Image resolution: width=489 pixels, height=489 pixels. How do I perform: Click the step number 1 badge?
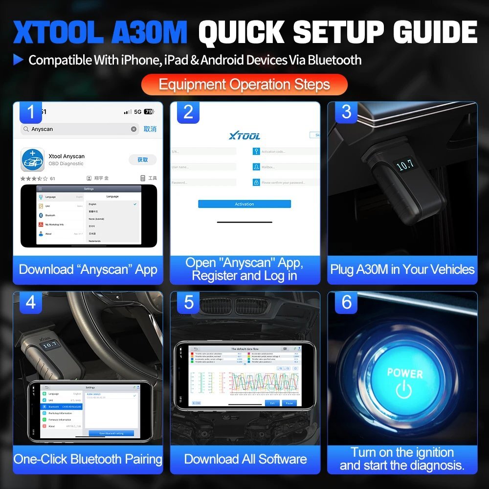pos(31,112)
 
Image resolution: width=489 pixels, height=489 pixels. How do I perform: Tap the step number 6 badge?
pos(346,302)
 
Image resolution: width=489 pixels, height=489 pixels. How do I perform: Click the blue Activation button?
pos(244,204)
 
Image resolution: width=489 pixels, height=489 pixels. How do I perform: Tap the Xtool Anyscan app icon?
pos(33,159)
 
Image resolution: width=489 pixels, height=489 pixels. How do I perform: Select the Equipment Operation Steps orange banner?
pos(244,84)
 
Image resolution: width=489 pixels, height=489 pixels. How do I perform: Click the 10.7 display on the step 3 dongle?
pos(405,166)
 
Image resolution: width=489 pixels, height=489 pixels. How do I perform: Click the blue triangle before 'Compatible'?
pos(19,60)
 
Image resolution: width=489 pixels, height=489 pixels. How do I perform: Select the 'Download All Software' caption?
pos(245,459)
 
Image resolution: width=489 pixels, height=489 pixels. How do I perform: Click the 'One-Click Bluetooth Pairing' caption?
pos(88,459)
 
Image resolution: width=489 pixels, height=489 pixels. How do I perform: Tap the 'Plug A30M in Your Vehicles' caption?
pos(402,269)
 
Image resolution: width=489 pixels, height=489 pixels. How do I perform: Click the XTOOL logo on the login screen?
pos(244,136)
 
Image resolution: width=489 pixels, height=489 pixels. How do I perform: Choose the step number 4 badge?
pos(31,302)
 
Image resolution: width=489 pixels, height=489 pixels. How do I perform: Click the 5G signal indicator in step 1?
pos(137,112)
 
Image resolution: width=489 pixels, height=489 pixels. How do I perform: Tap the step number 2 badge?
pos(188,112)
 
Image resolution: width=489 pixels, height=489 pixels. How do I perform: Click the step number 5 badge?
pos(189,302)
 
